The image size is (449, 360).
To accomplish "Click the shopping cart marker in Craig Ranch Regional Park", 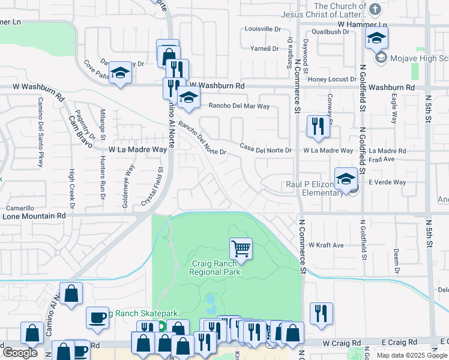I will tap(241, 248).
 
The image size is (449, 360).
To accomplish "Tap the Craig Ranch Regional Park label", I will tap(215, 268).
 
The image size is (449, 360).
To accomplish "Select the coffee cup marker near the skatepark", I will tap(97, 317).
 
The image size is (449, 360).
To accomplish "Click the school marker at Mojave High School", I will tap(376, 40).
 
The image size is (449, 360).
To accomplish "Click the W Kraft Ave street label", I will tap(326, 245).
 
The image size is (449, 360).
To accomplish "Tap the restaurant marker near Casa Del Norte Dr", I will tap(316, 126).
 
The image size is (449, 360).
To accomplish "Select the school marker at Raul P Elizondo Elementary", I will tap(346, 179).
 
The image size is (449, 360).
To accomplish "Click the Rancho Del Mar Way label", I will tap(239, 106).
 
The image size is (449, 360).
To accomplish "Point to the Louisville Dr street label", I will tap(263, 29).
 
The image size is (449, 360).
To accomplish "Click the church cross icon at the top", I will tap(375, 10).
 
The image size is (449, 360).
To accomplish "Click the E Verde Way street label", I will tap(387, 182).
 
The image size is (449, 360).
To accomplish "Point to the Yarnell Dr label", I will tap(265, 49).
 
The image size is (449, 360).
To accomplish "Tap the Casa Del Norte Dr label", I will tap(265, 148).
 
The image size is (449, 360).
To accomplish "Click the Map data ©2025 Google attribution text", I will tap(412, 355).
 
